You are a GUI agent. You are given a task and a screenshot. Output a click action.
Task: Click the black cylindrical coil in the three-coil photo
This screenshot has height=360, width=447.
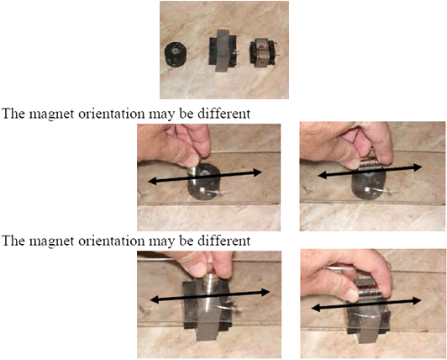(175, 54)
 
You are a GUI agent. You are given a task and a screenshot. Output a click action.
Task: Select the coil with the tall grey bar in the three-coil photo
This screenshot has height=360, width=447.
(223, 50)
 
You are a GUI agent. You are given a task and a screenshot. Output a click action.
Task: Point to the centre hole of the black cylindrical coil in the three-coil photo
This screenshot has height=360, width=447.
(176, 51)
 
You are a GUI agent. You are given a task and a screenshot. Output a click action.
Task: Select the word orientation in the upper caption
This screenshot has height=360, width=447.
(112, 114)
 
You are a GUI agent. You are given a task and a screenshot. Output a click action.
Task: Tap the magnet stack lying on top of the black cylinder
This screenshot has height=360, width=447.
(370, 165)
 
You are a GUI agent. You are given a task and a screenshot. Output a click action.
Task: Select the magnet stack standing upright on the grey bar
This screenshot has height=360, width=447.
(210, 283)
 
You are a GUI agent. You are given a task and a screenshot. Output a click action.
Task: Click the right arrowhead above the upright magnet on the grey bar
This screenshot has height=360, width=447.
(265, 292)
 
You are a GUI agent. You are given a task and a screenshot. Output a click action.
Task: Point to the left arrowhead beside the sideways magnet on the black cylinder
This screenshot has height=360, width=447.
(322, 176)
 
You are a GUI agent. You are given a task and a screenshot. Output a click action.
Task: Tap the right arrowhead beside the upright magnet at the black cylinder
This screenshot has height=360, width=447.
(256, 172)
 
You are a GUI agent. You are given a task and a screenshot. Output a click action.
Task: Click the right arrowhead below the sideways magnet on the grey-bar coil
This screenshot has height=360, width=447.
(417, 300)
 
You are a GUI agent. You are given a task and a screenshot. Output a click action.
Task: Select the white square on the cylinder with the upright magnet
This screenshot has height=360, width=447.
(202, 189)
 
